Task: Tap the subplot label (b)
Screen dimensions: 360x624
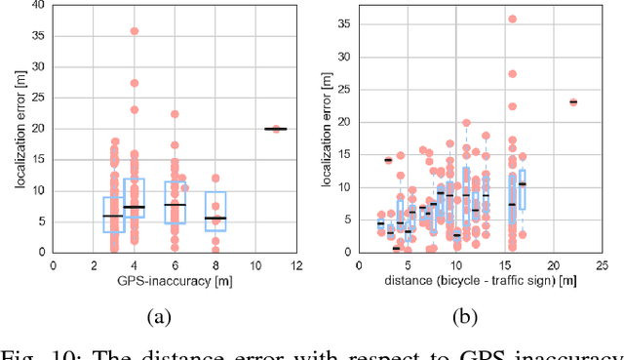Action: (466, 317)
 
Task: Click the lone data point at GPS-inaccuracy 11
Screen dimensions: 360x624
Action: (276, 128)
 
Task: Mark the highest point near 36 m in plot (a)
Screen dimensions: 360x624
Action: (135, 31)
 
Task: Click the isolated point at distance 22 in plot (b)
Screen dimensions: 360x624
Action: (572, 101)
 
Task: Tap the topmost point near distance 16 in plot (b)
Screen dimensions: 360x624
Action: (512, 19)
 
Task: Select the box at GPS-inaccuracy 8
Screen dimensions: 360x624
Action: (214, 211)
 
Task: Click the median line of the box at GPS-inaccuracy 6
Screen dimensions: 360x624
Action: (175, 204)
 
